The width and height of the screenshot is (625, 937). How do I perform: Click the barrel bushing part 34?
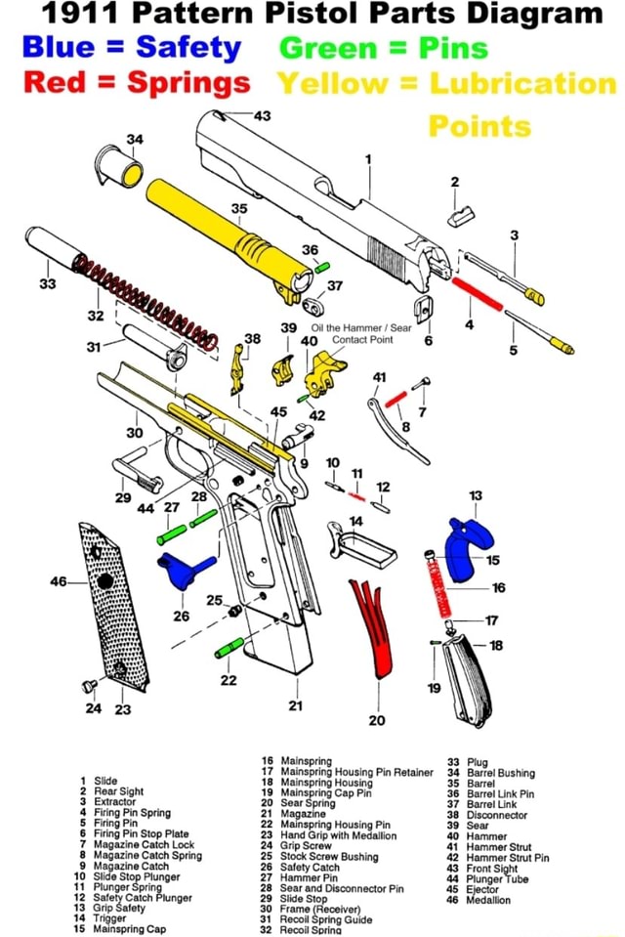point(119,167)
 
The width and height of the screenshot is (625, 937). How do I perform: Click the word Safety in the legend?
point(187,48)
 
